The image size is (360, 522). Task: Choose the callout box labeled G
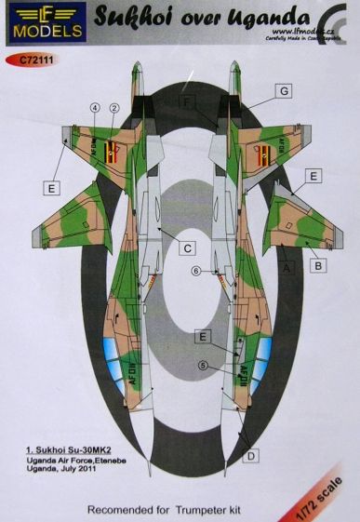[284, 92]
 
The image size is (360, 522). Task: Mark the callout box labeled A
[287, 268]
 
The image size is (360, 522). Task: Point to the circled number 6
[196, 271]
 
